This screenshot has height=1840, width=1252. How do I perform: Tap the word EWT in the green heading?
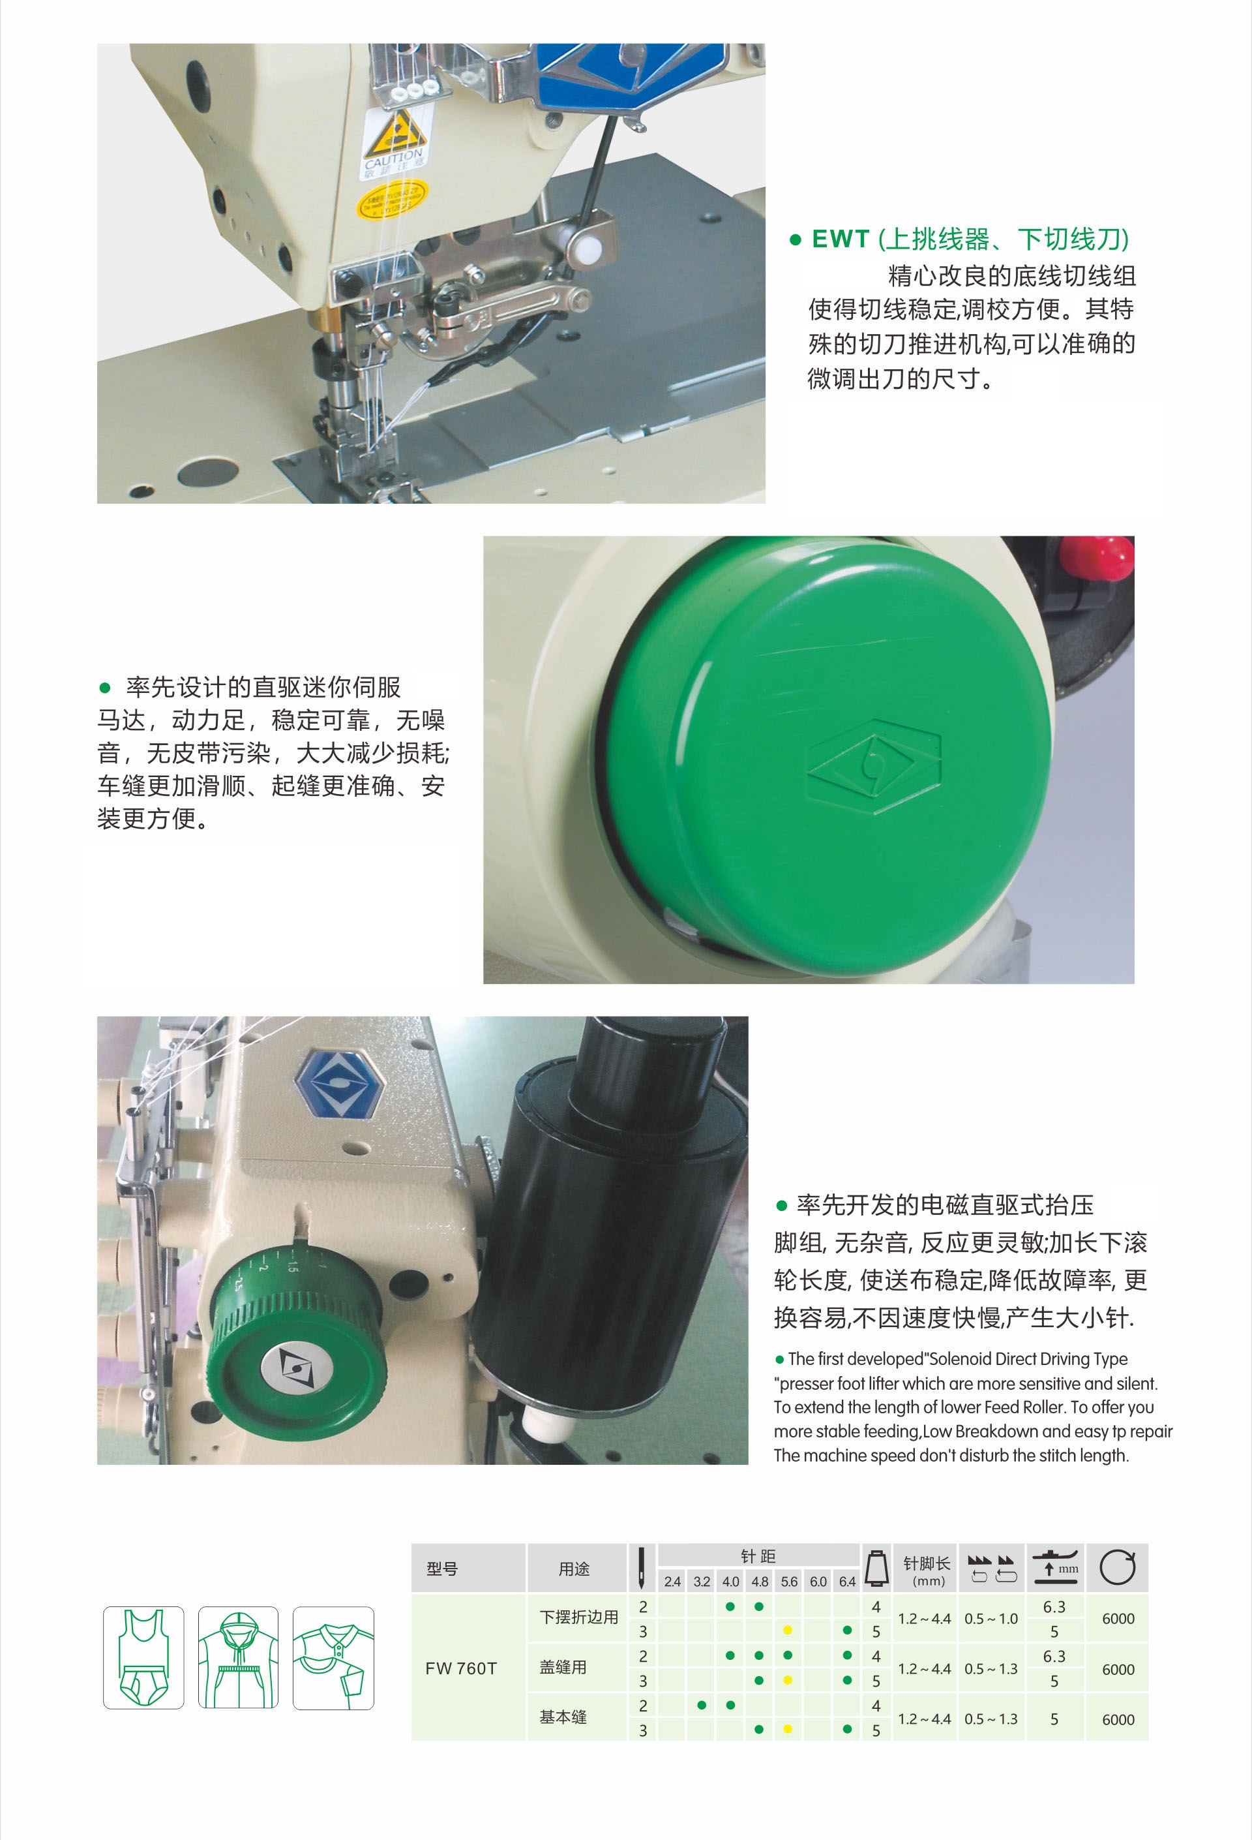click(841, 239)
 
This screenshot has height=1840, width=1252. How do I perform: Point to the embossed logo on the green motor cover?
click(874, 767)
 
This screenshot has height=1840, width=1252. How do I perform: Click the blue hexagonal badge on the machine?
click(340, 1082)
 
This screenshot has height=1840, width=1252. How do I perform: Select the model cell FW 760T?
click(460, 1668)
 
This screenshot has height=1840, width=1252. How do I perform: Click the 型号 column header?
click(441, 1569)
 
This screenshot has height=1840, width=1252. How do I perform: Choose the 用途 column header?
click(574, 1569)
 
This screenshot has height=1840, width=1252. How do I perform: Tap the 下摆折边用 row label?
click(578, 1618)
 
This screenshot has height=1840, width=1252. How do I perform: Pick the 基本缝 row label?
click(563, 1717)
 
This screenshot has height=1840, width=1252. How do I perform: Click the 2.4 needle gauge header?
click(672, 1582)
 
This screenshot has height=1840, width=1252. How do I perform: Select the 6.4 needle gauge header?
click(847, 1582)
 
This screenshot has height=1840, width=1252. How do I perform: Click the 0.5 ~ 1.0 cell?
click(991, 1619)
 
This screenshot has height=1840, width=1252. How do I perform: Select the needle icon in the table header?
click(641, 1568)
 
